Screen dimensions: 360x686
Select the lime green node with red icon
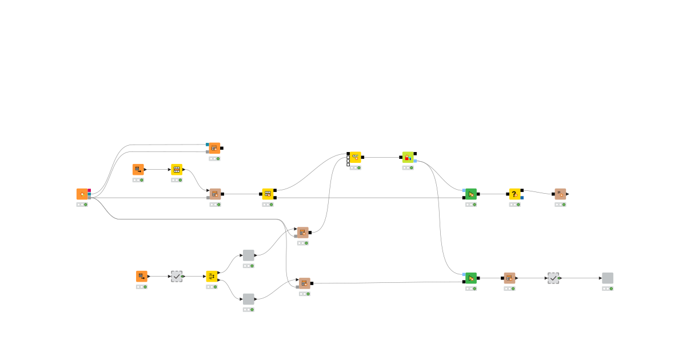408,157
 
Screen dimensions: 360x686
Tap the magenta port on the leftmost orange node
89,190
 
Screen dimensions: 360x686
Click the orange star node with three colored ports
82,194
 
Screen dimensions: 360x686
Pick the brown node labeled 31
560,194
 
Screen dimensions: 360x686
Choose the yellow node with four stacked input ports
355,157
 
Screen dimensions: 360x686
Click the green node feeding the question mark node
471,194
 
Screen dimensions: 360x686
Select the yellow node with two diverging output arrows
212,277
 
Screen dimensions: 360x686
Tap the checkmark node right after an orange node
177,277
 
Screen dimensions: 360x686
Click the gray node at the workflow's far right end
608,278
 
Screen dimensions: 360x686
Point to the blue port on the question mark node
522,198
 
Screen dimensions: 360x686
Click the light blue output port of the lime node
415,161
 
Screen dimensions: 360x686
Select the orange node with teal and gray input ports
214,148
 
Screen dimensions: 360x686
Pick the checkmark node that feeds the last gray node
553,278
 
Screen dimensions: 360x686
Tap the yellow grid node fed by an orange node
177,170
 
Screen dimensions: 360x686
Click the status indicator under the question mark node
515,205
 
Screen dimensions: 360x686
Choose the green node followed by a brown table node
471,278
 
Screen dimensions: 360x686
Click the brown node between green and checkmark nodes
509,278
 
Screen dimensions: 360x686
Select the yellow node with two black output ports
268,194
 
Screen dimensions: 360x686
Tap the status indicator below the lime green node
408,167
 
